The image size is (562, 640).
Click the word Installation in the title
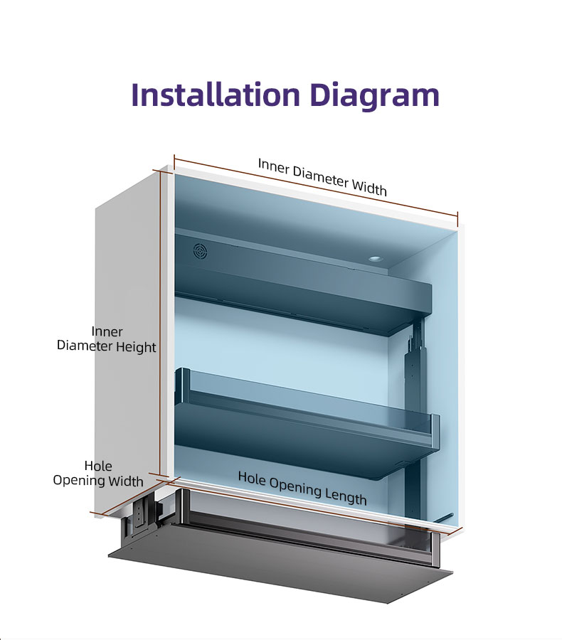click(x=216, y=95)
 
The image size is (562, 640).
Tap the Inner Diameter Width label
click(x=322, y=177)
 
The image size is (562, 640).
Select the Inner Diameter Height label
click(x=106, y=339)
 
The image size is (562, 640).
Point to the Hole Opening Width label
click(x=98, y=474)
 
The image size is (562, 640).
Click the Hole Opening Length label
click(x=302, y=488)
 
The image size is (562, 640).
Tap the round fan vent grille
click(x=200, y=251)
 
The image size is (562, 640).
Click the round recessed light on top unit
click(x=374, y=258)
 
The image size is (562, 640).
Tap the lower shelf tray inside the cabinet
click(x=307, y=425)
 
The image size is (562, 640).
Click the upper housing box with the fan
click(x=303, y=282)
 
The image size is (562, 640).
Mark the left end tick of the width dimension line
click(x=174, y=161)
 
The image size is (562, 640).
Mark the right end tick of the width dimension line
click(x=458, y=218)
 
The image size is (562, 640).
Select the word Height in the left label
click(x=136, y=347)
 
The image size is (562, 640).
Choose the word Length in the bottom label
click(x=346, y=497)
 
